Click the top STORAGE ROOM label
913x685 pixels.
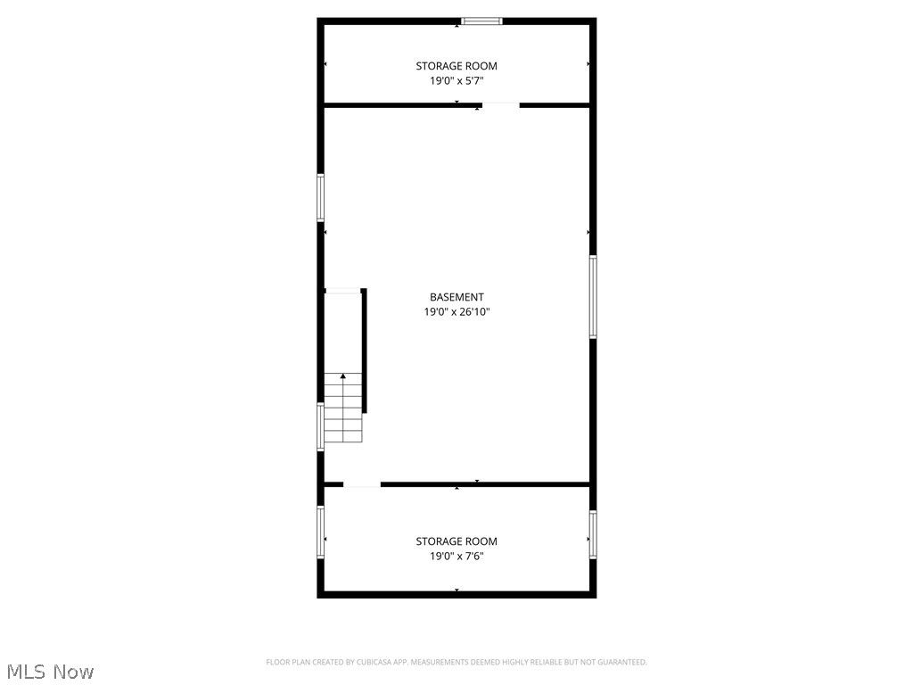click(456, 66)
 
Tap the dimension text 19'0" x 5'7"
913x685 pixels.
click(456, 80)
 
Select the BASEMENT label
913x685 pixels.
click(456, 297)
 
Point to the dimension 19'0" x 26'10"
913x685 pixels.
click(456, 312)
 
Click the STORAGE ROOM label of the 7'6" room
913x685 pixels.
click(456, 541)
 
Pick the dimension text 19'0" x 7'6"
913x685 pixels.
click(456, 556)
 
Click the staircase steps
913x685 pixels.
click(343, 415)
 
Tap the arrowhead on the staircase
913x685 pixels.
click(343, 376)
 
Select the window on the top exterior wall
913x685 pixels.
click(481, 21)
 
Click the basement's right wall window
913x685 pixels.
click(593, 296)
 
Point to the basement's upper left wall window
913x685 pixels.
click(321, 196)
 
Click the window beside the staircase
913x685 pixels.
click(321, 426)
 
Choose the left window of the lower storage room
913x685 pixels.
click(321, 532)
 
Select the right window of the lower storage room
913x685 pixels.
click(593, 533)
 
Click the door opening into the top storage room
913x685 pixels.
click(501, 105)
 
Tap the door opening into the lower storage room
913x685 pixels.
click(362, 484)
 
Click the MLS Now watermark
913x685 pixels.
click(48, 672)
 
